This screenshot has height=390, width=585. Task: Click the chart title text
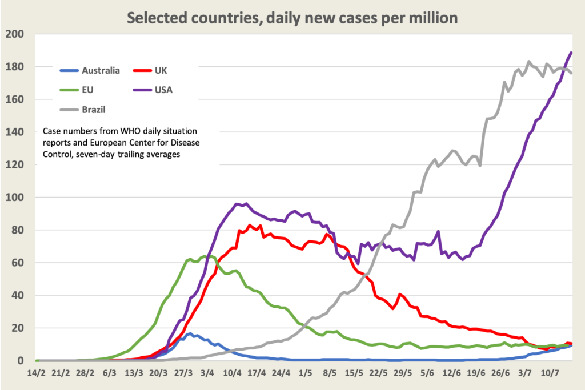pos(292,18)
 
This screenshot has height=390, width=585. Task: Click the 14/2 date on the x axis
pos(37,373)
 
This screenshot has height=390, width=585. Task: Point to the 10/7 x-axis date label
pos(550,373)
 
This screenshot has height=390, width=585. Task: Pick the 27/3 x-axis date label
pos(183,373)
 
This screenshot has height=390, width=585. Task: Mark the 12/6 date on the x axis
pos(452,373)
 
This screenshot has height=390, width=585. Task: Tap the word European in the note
pos(146,142)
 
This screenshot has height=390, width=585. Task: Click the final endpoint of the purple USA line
pos(571,53)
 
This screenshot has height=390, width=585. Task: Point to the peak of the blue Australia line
pos(190,334)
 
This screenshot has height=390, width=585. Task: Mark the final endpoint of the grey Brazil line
pos(571,73)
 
